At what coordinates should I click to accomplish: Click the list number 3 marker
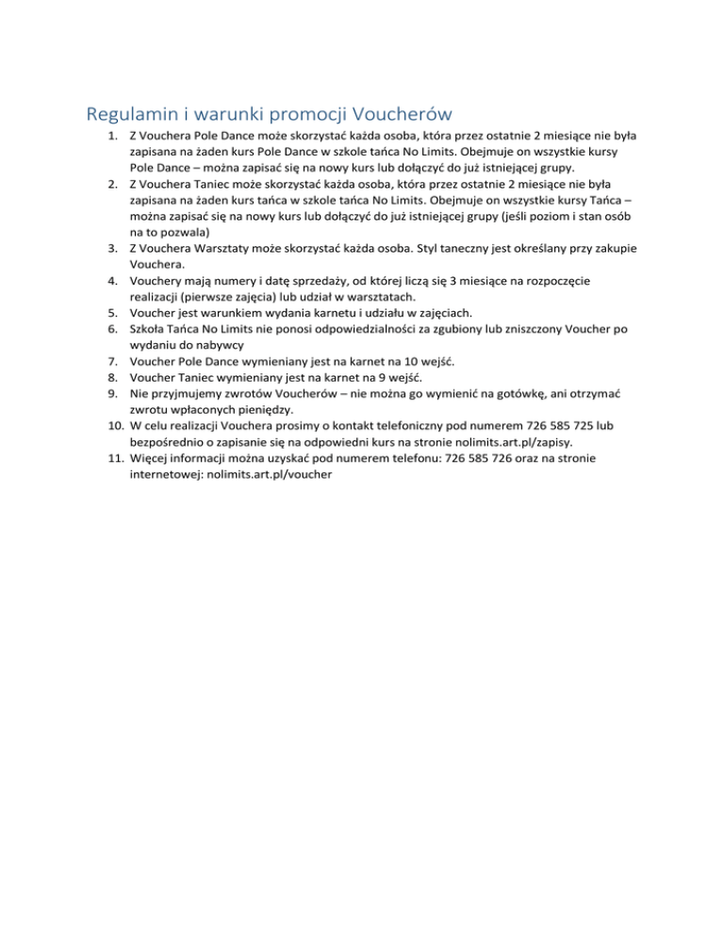coord(111,247)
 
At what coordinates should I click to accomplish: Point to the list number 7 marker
coord(111,360)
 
